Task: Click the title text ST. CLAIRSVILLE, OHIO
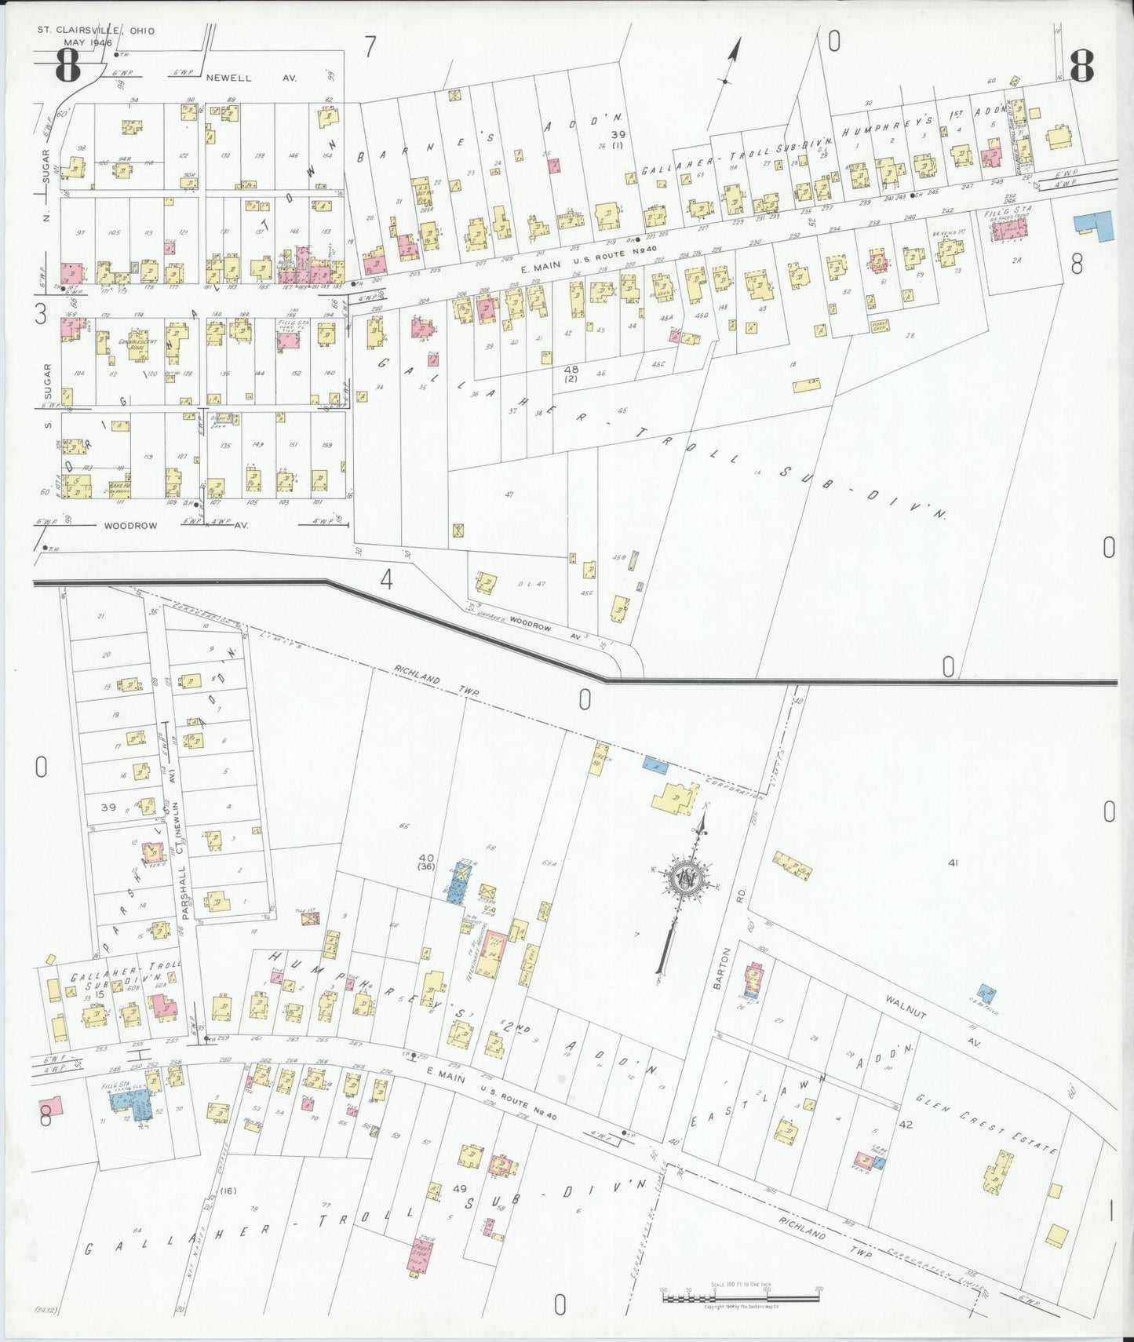pyautogui.click(x=96, y=31)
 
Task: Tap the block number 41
pyautogui.click(x=954, y=863)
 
